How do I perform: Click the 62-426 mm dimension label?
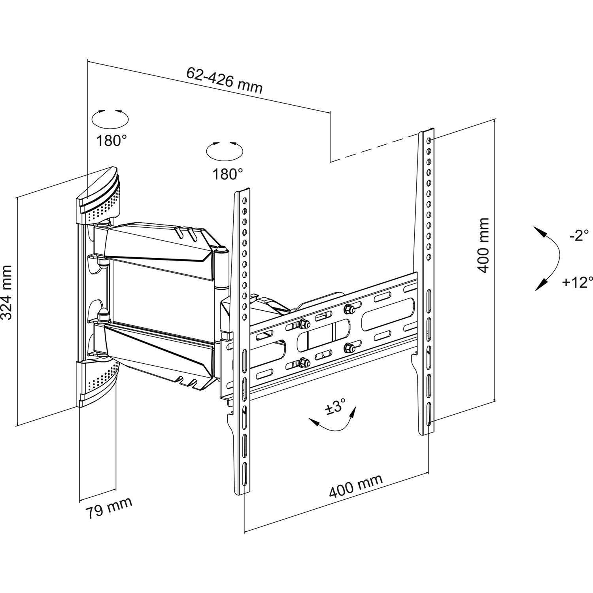click(224, 80)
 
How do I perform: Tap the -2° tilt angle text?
click(579, 236)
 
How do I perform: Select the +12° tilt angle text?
click(578, 282)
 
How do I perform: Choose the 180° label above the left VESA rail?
click(228, 174)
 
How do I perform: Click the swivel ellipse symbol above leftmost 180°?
click(110, 117)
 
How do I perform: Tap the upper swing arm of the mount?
click(158, 244)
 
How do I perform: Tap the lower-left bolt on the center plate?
click(304, 361)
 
